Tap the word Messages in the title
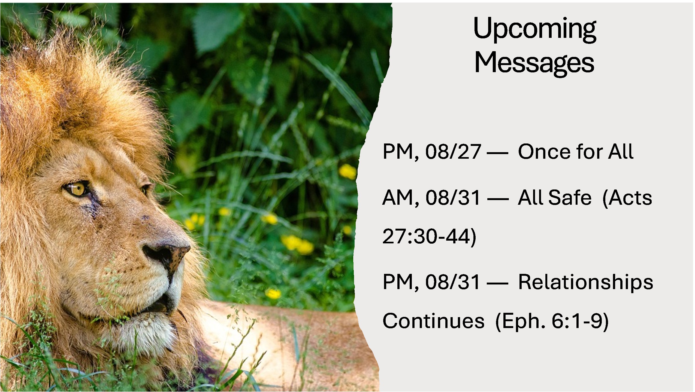534,63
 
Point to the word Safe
570,198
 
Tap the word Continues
433,321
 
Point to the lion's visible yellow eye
77,188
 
